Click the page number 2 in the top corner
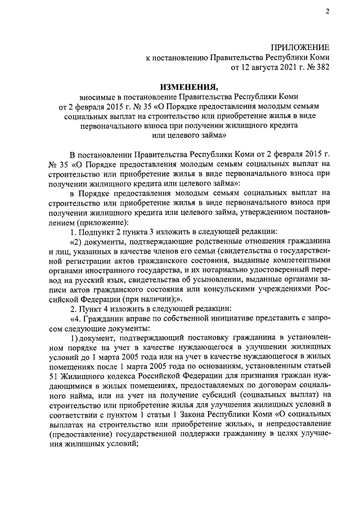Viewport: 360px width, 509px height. coord(327,13)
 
